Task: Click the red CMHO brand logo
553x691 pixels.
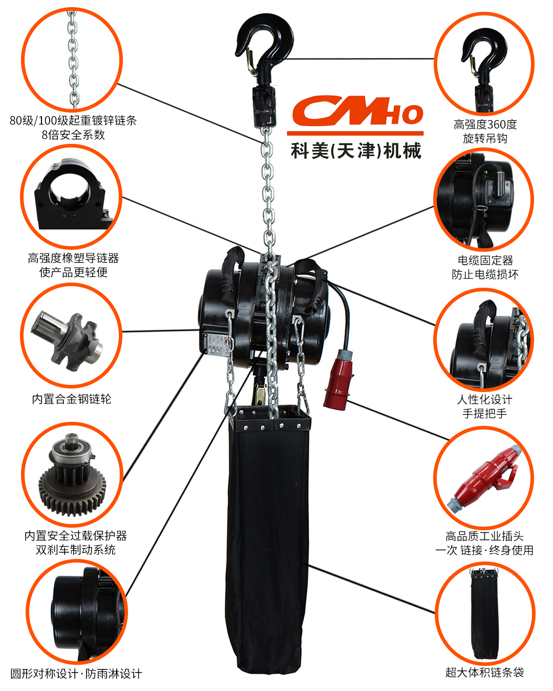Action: click(x=357, y=110)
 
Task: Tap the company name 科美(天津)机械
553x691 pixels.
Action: click(x=356, y=150)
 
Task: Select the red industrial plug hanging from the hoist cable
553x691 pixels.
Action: click(x=338, y=379)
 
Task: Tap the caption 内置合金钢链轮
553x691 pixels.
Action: click(x=72, y=399)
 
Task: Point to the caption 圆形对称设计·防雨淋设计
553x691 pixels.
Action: click(x=76, y=674)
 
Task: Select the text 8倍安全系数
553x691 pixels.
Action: click(x=73, y=135)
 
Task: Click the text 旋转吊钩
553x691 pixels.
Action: click(x=485, y=139)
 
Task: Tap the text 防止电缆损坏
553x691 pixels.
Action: click(x=485, y=274)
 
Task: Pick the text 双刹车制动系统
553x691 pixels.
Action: click(x=75, y=550)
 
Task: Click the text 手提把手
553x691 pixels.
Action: click(x=484, y=414)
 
